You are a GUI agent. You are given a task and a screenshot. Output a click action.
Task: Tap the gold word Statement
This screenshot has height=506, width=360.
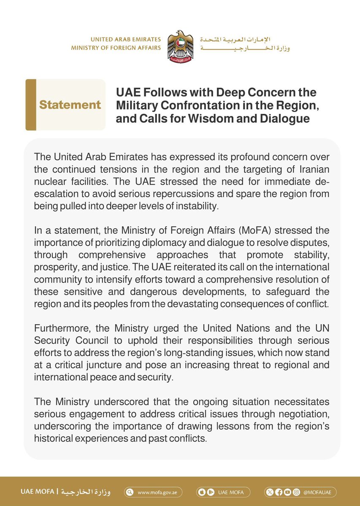(70, 105)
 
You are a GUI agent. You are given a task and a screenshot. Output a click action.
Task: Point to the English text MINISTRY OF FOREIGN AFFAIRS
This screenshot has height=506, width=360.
(116, 48)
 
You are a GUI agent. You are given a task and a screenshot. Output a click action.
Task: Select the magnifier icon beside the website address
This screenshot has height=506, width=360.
(130, 492)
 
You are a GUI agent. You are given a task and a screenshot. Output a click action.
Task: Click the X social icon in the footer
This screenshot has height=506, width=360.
(271, 492)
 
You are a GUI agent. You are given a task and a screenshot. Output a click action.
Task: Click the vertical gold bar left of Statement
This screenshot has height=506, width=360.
(30, 105)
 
